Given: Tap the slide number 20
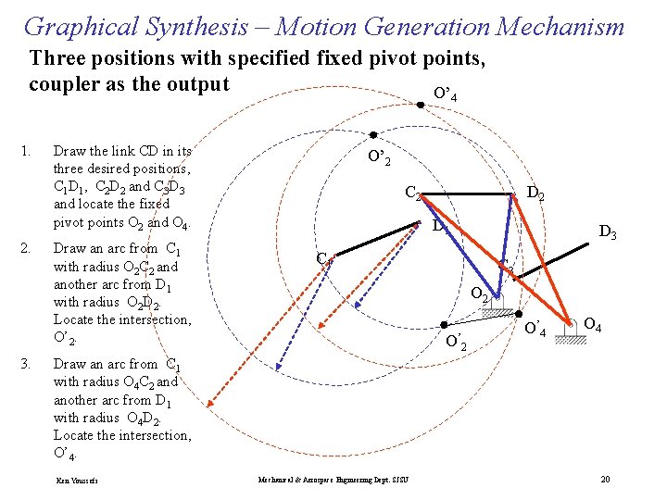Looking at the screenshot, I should [x=605, y=479].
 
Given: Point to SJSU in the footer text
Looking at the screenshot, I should [x=400, y=479].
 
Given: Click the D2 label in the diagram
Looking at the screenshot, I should [x=535, y=194].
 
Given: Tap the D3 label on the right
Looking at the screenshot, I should [x=608, y=232].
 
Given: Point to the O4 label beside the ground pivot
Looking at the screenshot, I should [x=594, y=325].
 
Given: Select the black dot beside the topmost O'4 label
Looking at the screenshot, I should [x=420, y=105].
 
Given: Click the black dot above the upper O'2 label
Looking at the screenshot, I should [x=372, y=134].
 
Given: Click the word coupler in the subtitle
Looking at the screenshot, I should [x=64, y=85].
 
